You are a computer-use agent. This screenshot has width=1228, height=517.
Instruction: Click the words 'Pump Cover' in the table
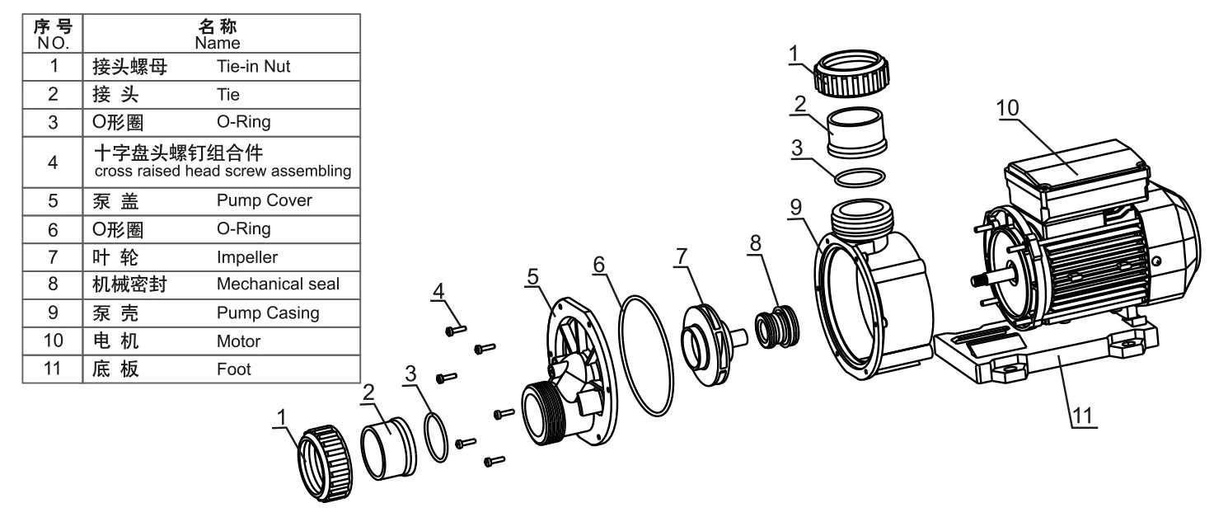(x=264, y=200)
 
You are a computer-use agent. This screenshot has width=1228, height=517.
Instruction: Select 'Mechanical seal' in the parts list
(x=278, y=284)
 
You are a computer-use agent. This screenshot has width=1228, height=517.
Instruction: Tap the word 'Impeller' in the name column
(x=246, y=256)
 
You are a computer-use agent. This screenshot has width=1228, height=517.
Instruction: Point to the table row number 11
(x=53, y=369)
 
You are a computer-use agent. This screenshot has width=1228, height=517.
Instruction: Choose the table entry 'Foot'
(x=233, y=369)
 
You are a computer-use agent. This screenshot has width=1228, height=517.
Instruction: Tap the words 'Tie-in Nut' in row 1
(x=253, y=67)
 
